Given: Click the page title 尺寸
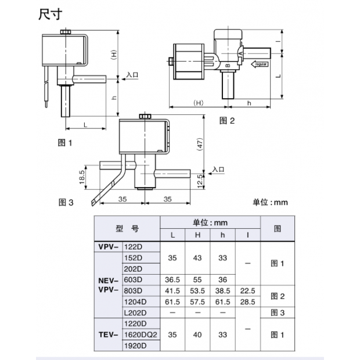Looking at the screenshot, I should click(x=51, y=13).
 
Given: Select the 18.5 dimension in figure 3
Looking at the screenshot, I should click(x=82, y=176).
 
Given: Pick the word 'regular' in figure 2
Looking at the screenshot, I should click(x=259, y=63).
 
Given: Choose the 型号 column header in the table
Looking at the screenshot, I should click(x=126, y=228).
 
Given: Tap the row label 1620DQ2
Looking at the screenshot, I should click(x=142, y=334).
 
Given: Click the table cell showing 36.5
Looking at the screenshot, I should click(x=172, y=279).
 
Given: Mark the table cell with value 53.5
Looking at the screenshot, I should click(x=197, y=290).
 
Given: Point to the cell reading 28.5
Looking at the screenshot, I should click(x=247, y=301).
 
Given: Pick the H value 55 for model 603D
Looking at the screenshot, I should click(x=197, y=279).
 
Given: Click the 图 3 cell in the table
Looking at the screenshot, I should click(x=277, y=312).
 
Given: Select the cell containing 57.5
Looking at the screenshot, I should click(x=197, y=301).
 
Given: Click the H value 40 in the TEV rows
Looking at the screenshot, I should click(x=197, y=334).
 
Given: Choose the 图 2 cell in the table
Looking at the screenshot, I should click(x=277, y=296).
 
